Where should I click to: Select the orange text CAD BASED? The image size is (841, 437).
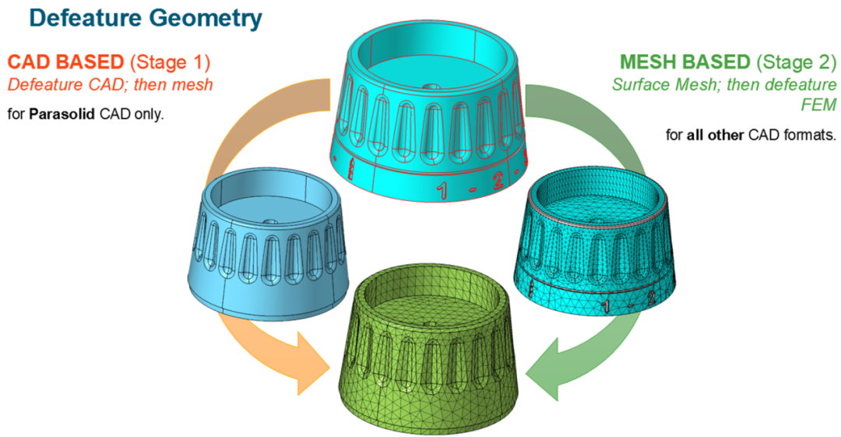[x=66, y=61]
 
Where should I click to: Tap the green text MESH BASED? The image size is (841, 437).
[x=684, y=61]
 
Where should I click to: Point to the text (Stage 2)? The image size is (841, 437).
[x=793, y=61]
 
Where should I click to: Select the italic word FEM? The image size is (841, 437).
[x=819, y=104]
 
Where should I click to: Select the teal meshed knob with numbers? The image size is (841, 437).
[x=596, y=241]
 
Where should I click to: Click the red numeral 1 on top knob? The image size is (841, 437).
[x=442, y=188]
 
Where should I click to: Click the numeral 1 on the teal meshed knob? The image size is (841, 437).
[x=603, y=307]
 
